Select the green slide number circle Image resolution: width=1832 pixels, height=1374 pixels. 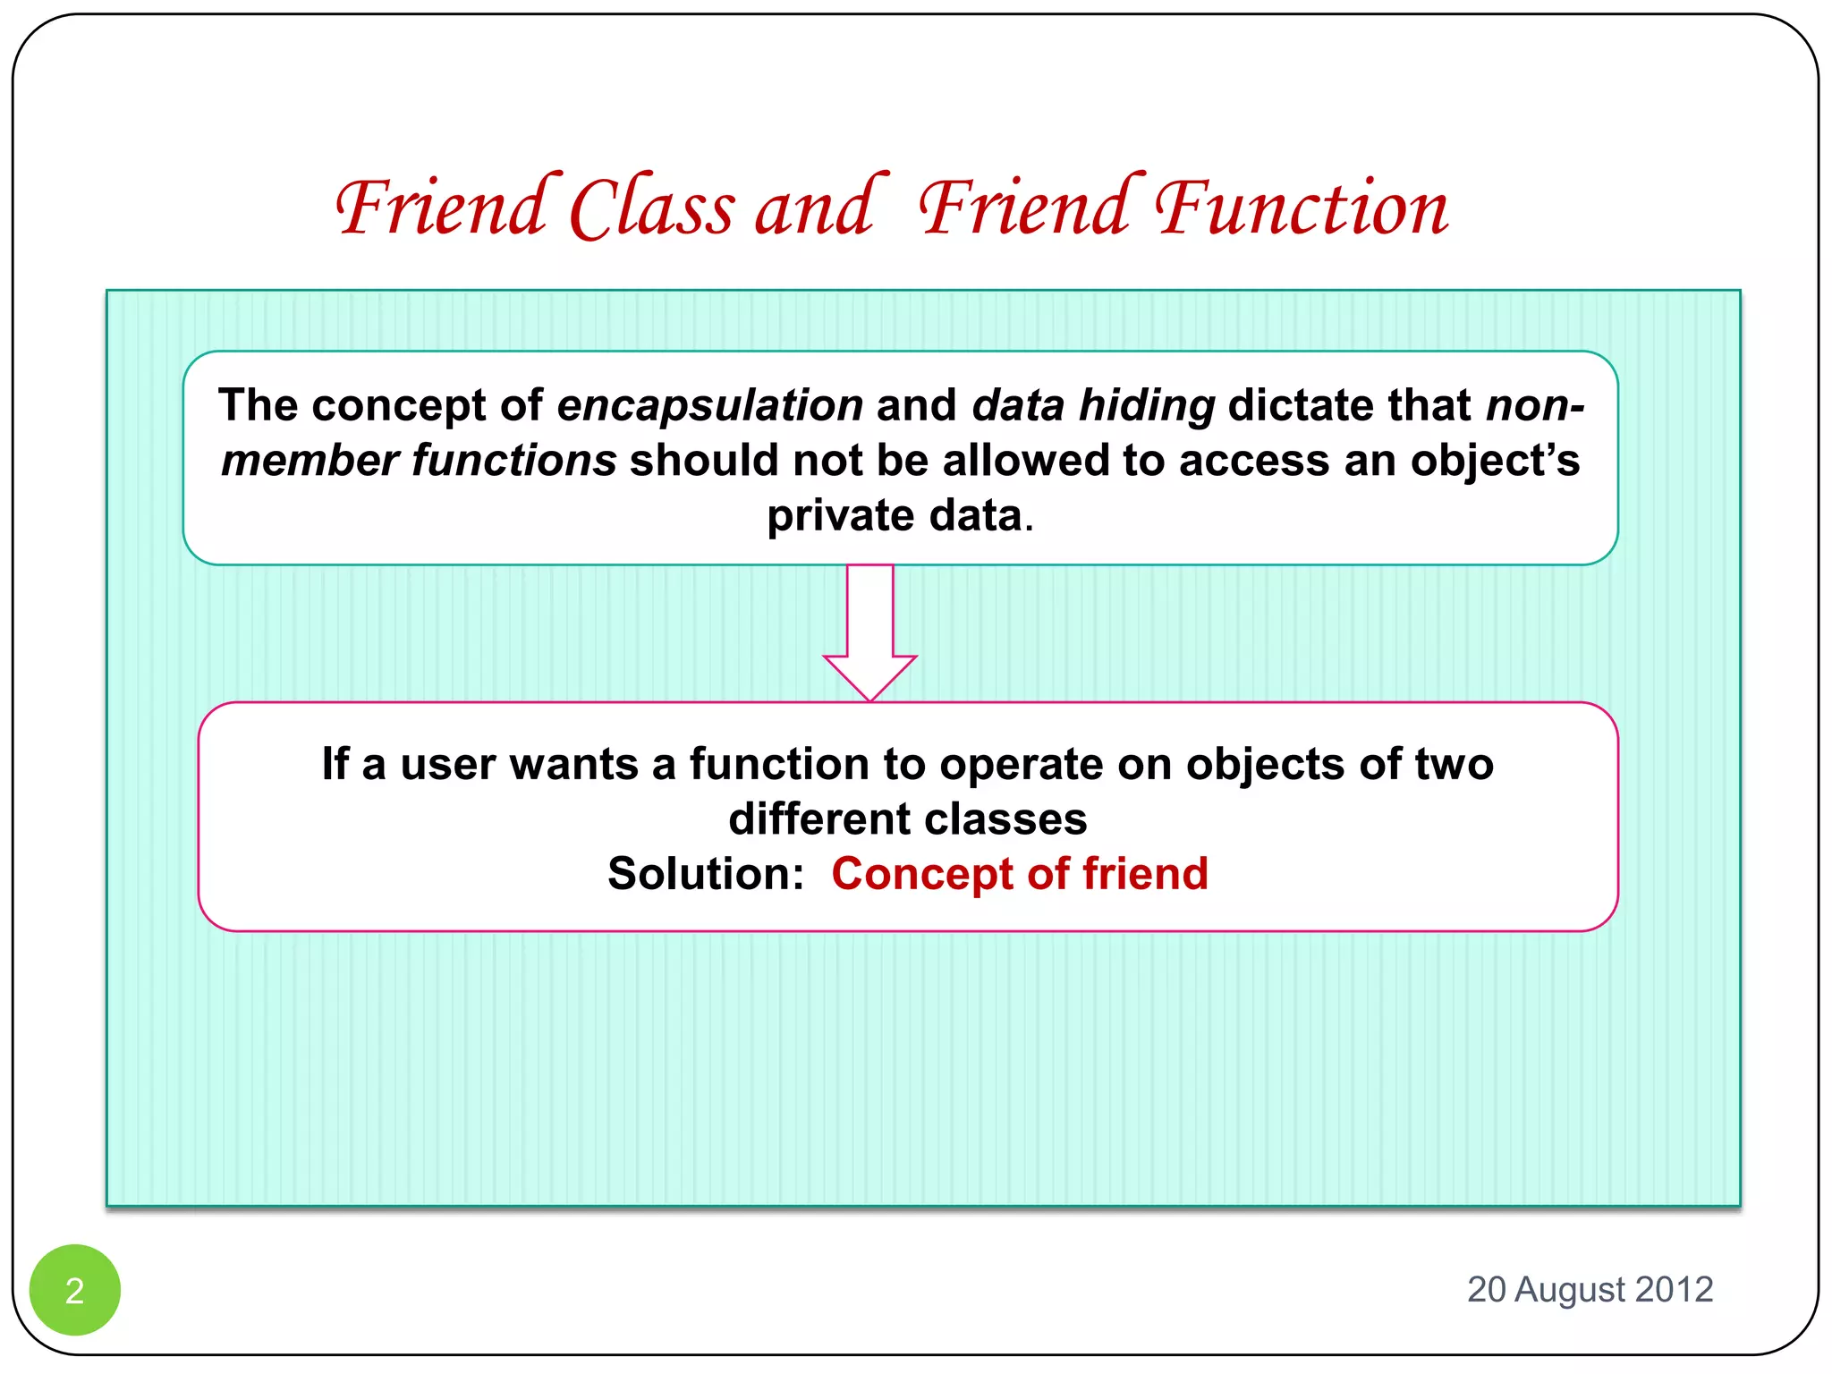point(75,1289)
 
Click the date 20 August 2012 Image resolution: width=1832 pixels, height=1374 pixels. point(1590,1289)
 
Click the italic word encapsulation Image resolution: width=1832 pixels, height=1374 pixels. point(709,405)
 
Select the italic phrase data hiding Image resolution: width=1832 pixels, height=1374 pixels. point(1093,405)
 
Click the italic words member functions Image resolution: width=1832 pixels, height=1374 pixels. point(419,461)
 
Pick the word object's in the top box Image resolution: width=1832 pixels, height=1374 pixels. point(1495,461)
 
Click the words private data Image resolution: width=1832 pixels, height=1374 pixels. point(895,516)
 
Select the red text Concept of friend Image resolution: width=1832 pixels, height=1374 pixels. point(1020,874)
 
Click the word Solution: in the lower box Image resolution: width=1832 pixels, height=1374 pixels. point(706,874)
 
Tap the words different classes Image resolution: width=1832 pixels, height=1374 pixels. point(907,819)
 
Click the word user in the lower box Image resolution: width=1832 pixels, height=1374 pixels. point(447,765)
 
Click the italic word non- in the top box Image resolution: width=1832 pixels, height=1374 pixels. point(1535,405)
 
